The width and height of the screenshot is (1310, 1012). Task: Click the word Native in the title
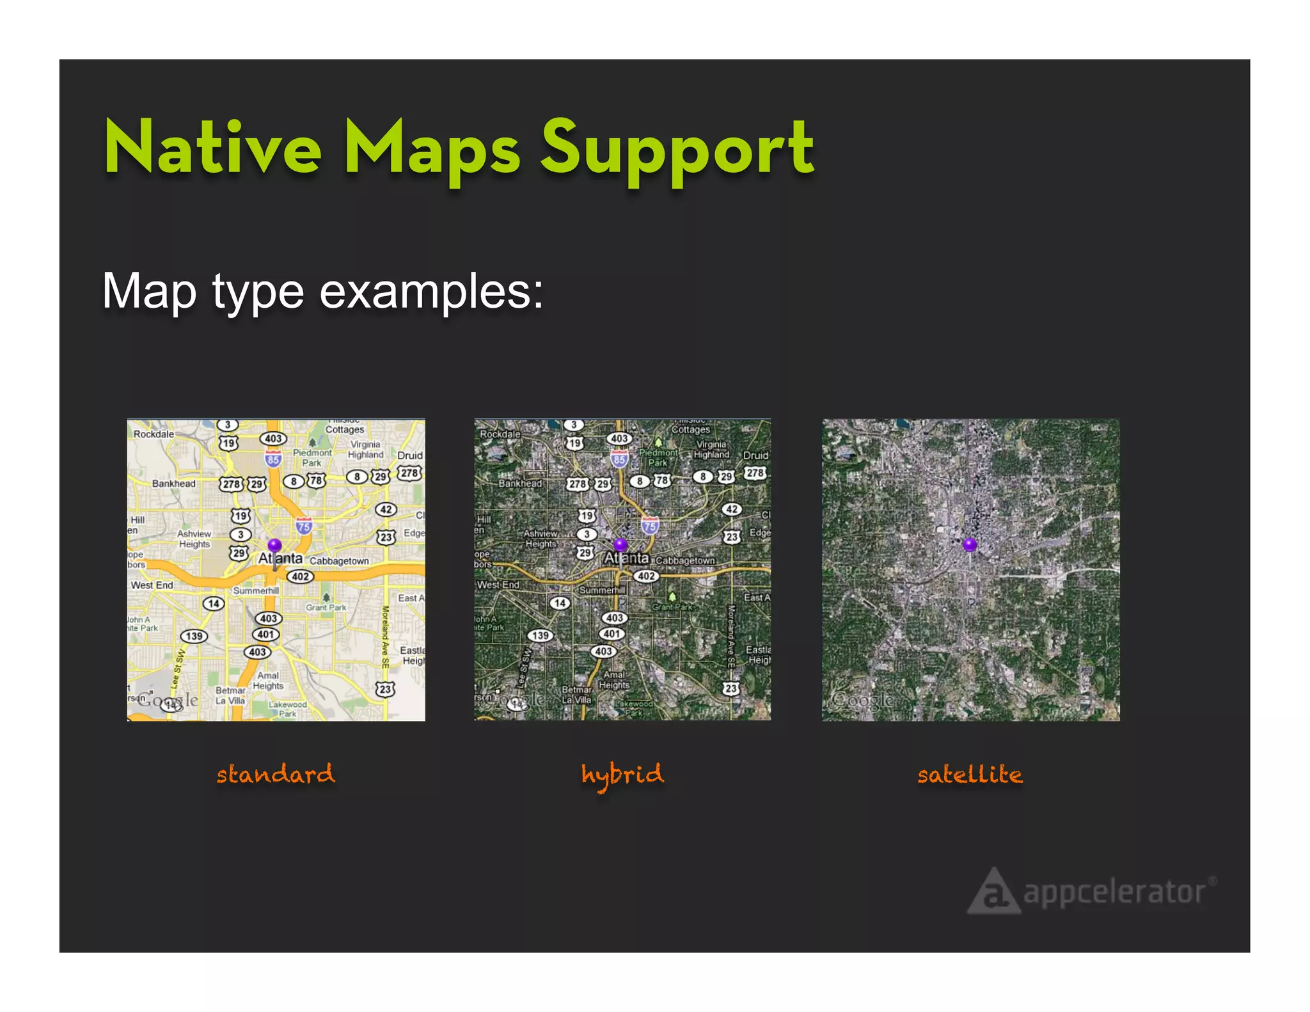pos(212,148)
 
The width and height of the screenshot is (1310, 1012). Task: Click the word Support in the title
pos(677,150)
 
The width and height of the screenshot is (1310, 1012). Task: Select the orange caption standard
pos(275,774)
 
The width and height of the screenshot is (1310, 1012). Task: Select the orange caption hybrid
pos(622,775)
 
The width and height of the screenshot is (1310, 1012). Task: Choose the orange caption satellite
pos(970,775)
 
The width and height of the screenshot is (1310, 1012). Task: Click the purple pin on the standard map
pos(274,546)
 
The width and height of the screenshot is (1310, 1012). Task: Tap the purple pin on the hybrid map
pos(620,545)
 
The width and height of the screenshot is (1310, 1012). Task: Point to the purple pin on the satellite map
pos(970,545)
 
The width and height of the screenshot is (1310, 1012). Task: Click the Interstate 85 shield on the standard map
pos(273,459)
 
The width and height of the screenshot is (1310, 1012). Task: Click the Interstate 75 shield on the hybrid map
pos(650,526)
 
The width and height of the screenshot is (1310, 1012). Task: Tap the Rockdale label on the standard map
pos(154,434)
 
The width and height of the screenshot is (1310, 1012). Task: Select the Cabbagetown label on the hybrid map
pos(685,560)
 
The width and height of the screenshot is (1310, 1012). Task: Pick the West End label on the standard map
pos(152,585)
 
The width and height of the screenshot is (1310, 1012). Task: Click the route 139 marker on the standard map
pos(194,636)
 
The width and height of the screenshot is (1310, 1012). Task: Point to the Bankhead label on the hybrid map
pos(520,484)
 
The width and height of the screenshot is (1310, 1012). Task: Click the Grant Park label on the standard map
pos(326,607)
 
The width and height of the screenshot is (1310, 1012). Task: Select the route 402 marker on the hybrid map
pos(646,576)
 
